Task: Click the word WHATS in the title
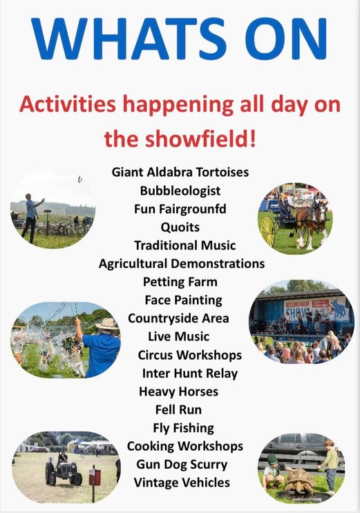point(129,39)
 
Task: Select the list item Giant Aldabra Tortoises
point(180,172)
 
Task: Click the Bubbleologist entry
point(180,191)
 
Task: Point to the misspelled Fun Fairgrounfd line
point(180,209)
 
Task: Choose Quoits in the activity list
point(180,227)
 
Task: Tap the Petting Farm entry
point(180,282)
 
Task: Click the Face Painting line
point(183,300)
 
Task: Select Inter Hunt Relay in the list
point(189,374)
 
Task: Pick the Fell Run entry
point(178,409)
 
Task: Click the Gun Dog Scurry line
point(182,465)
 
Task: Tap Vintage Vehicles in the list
point(182,483)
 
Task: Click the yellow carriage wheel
point(268,231)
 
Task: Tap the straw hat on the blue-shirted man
point(107,324)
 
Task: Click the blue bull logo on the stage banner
point(339,309)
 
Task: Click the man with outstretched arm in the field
point(32,217)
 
